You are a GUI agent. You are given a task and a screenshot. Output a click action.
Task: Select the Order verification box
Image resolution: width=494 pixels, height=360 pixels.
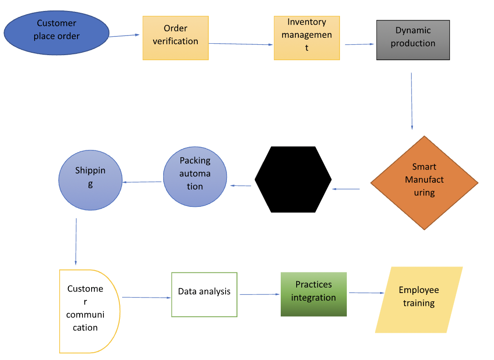click(x=175, y=38)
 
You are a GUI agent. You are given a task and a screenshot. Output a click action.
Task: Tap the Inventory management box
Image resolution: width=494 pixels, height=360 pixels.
click(x=307, y=38)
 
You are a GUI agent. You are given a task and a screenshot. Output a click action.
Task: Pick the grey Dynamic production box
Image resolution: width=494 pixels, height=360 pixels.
click(x=413, y=40)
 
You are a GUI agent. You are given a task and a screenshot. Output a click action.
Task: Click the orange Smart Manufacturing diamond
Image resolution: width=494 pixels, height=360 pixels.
click(x=424, y=183)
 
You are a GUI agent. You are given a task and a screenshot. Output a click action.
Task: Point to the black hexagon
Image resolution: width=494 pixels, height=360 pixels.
click(x=293, y=180)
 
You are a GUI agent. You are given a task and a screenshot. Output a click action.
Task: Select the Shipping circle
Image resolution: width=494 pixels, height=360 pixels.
click(x=90, y=180)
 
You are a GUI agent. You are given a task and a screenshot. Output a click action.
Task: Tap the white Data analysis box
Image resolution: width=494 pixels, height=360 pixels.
click(x=204, y=294)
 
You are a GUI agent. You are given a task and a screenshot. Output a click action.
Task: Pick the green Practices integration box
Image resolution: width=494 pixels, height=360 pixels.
click(x=314, y=294)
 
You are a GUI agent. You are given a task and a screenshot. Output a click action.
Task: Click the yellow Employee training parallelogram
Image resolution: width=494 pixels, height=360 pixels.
click(x=419, y=299)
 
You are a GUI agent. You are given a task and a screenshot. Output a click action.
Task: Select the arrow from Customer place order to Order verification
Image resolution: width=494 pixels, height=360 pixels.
click(x=124, y=36)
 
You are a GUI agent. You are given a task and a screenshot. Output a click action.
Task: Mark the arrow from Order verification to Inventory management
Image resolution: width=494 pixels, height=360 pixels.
click(x=241, y=44)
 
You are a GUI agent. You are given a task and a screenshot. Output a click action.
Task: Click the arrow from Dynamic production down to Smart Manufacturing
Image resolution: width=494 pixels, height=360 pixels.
click(x=412, y=101)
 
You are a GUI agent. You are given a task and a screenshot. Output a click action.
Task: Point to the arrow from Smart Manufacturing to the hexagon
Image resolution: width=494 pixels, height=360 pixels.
click(x=346, y=189)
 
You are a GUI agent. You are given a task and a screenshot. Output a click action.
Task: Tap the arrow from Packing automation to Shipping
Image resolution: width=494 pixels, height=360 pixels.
click(x=142, y=182)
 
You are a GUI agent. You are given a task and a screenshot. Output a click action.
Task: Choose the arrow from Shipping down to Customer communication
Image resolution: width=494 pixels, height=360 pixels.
click(x=76, y=242)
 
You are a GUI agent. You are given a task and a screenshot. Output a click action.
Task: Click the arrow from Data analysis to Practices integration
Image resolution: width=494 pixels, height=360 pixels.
click(x=259, y=294)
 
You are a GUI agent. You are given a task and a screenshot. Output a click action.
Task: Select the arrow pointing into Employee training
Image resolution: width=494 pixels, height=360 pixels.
click(x=366, y=293)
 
